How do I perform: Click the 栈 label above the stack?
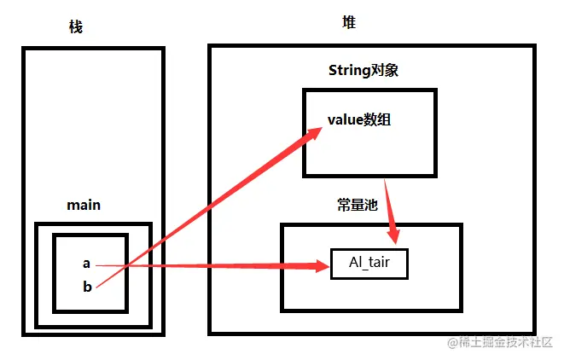click(x=76, y=27)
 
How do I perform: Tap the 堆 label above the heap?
click(x=349, y=22)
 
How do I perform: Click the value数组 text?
click(x=359, y=119)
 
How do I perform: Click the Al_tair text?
click(x=369, y=263)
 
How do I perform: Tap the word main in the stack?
click(x=84, y=205)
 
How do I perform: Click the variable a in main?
click(x=86, y=264)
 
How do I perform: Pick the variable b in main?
click(x=86, y=287)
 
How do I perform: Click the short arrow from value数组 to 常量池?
click(x=389, y=210)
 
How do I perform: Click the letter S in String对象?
click(x=333, y=70)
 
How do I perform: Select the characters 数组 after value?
click(x=376, y=119)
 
